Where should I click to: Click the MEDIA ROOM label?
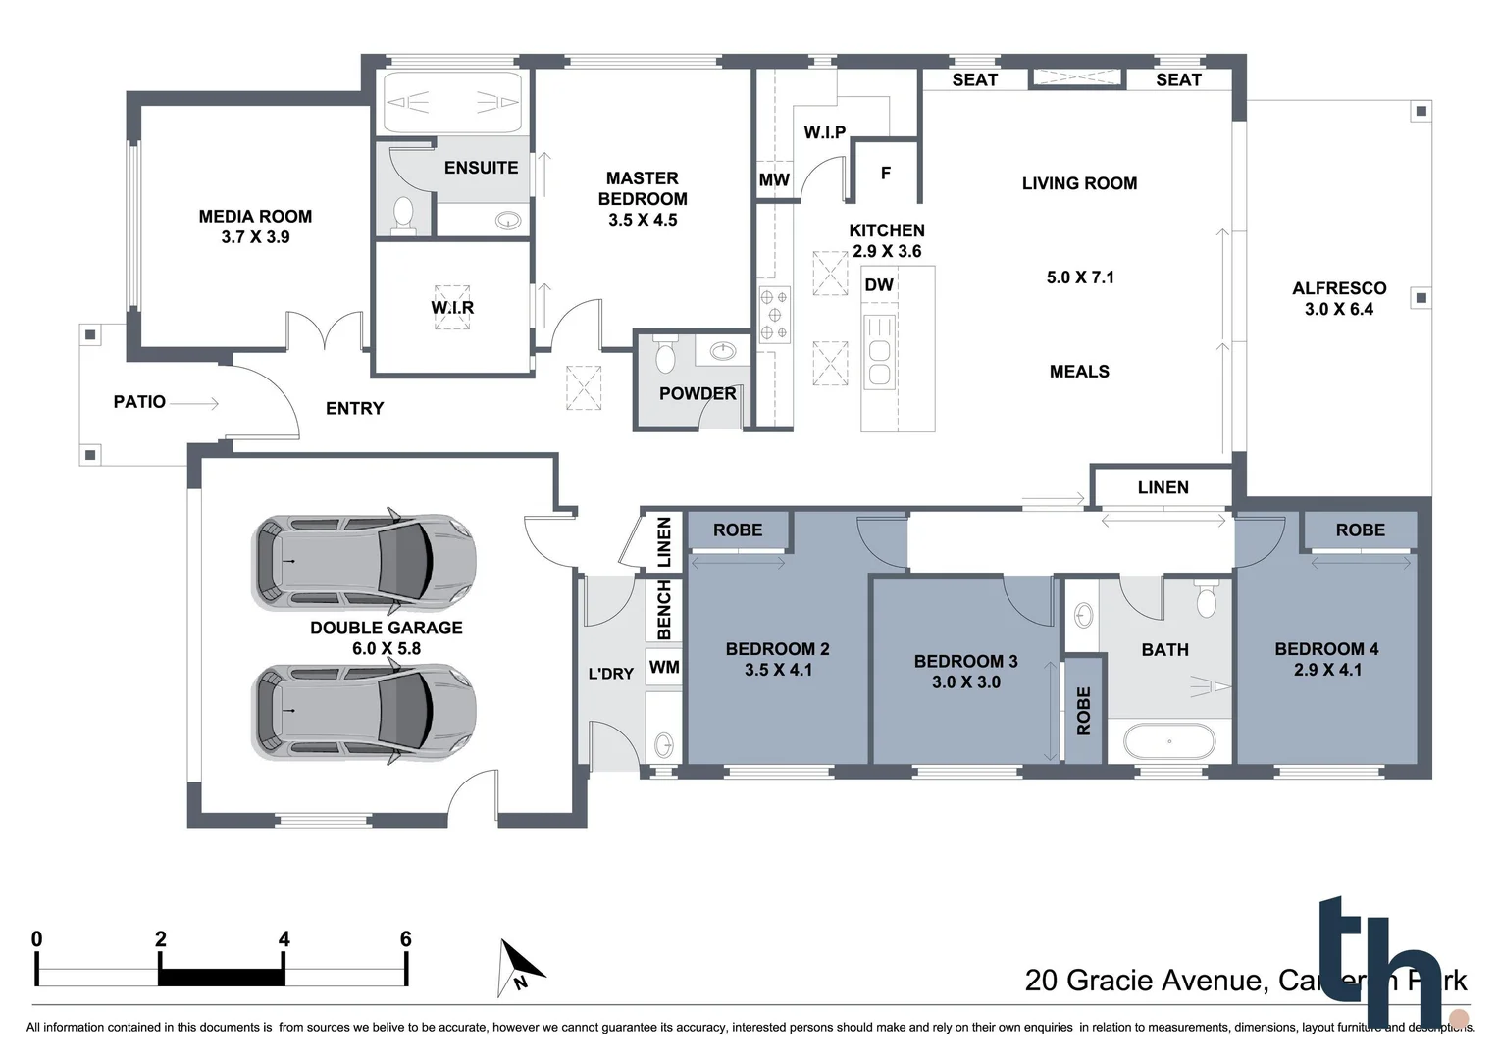tap(255, 217)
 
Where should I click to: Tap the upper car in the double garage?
tap(365, 562)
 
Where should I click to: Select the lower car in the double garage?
tap(365, 711)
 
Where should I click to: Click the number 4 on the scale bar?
tap(284, 939)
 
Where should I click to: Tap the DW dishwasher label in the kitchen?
tap(879, 285)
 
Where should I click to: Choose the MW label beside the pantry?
tap(774, 179)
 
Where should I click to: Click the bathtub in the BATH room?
tap(1169, 741)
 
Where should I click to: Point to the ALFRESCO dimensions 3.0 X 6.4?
tap(1339, 309)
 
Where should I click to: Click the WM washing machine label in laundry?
tap(664, 667)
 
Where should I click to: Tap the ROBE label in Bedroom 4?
tap(1360, 529)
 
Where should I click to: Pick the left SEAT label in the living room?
tap(974, 79)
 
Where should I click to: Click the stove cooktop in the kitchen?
tap(774, 315)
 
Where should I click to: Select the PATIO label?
tap(139, 401)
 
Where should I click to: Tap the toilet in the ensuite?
tap(403, 215)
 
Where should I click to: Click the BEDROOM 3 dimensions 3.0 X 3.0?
tap(966, 681)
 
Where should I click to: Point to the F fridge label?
tap(886, 174)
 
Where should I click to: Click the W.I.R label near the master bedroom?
tap(452, 307)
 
